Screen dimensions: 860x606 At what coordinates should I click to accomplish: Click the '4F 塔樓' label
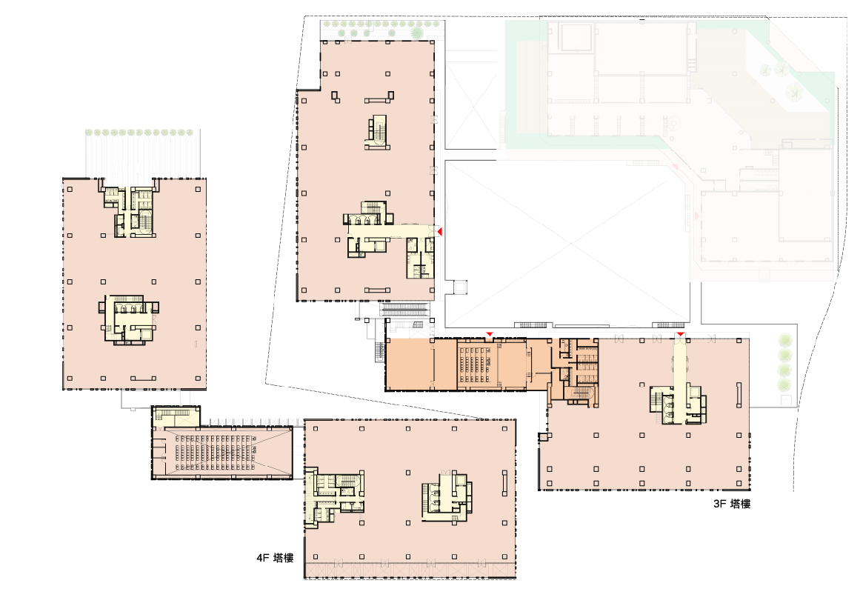275,558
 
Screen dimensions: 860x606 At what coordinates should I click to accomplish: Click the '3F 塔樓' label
732,504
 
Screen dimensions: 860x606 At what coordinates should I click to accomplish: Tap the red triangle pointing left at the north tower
439,232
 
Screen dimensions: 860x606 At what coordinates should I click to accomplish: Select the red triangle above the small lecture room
489,334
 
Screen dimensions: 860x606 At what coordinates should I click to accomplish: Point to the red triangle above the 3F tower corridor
681,334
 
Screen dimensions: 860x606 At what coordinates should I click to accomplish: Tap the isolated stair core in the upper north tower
377,132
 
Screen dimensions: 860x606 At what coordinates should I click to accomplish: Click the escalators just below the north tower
406,310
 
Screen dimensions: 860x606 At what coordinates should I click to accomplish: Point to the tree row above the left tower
140,133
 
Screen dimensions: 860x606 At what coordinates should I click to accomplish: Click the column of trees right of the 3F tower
785,362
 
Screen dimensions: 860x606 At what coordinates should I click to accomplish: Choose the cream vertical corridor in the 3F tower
681,379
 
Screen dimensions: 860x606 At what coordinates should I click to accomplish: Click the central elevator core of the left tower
129,320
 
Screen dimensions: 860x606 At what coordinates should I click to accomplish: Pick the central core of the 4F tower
447,496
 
